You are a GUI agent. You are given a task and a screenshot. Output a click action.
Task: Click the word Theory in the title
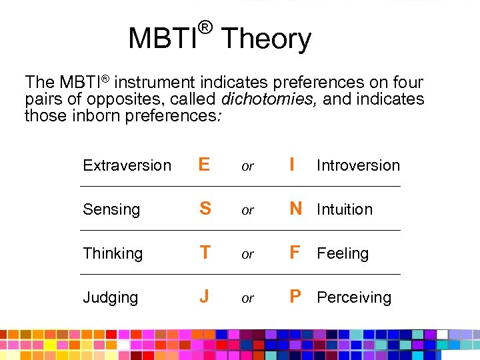tap(265, 39)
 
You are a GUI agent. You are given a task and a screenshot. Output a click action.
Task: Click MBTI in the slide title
tap(163, 39)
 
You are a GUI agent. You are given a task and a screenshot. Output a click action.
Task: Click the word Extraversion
tap(127, 165)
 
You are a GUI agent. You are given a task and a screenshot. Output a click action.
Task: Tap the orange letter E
tap(205, 165)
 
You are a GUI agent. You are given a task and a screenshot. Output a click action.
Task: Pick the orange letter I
tap(292, 165)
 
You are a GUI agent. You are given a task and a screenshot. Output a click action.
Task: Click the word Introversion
tap(358, 165)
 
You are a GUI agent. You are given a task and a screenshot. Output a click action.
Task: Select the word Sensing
tap(111, 210)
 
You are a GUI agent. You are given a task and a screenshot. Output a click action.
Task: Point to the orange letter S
tap(205, 209)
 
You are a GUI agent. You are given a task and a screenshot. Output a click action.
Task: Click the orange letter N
tap(295, 209)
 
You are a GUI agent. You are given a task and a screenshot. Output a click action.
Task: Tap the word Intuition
tap(344, 209)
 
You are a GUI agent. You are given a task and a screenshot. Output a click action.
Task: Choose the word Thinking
tap(113, 254)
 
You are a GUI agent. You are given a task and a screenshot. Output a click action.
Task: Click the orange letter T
tap(205, 253)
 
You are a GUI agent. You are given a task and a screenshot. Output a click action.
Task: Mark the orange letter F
tap(295, 253)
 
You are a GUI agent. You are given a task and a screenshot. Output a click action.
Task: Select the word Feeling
tap(342, 254)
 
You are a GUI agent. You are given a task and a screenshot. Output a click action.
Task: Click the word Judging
tap(111, 298)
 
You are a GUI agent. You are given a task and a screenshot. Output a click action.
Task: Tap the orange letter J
tap(204, 297)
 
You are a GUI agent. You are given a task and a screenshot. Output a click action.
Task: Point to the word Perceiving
tap(353, 297)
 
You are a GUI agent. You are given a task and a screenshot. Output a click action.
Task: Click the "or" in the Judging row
tap(247, 299)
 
